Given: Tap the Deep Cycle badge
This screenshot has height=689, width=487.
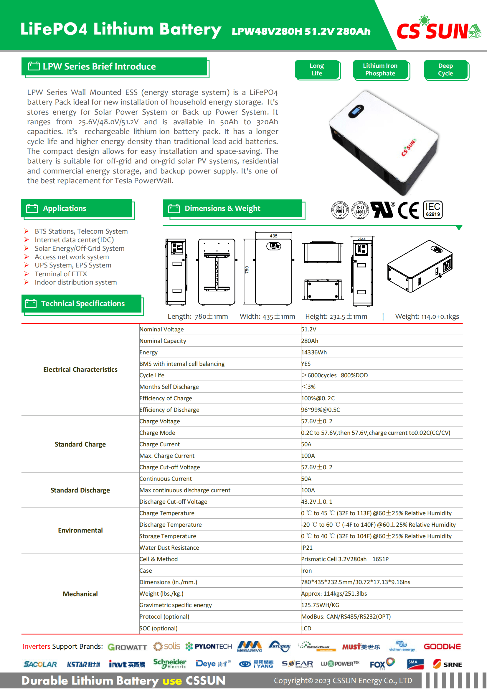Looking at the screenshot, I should click(x=445, y=70).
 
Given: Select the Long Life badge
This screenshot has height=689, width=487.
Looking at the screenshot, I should click(x=317, y=70).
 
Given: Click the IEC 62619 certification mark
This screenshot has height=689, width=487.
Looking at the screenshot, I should click(x=433, y=210).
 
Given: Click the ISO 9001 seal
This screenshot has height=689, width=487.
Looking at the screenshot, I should click(x=340, y=210).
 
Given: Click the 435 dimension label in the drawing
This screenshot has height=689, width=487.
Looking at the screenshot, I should click(x=273, y=236).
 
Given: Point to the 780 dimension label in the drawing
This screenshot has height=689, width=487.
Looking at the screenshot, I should click(x=247, y=270).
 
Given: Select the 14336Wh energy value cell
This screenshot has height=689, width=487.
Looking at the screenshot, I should click(x=314, y=352).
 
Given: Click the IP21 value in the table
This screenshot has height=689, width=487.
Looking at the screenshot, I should click(x=307, y=548).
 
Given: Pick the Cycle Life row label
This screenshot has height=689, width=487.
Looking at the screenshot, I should click(x=152, y=375).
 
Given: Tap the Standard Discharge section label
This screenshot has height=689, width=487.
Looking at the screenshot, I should click(x=80, y=490).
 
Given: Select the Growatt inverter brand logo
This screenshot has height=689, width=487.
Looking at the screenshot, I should click(x=128, y=647).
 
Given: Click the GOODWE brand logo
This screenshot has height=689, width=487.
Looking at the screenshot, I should click(x=442, y=647).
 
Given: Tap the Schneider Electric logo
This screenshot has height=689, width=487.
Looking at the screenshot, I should click(x=169, y=664).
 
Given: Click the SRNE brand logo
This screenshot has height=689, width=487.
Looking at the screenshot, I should click(x=448, y=664).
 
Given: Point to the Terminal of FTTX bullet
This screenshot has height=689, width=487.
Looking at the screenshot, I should click(x=61, y=274).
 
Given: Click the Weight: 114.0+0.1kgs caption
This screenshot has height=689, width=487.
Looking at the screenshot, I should click(x=427, y=317).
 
